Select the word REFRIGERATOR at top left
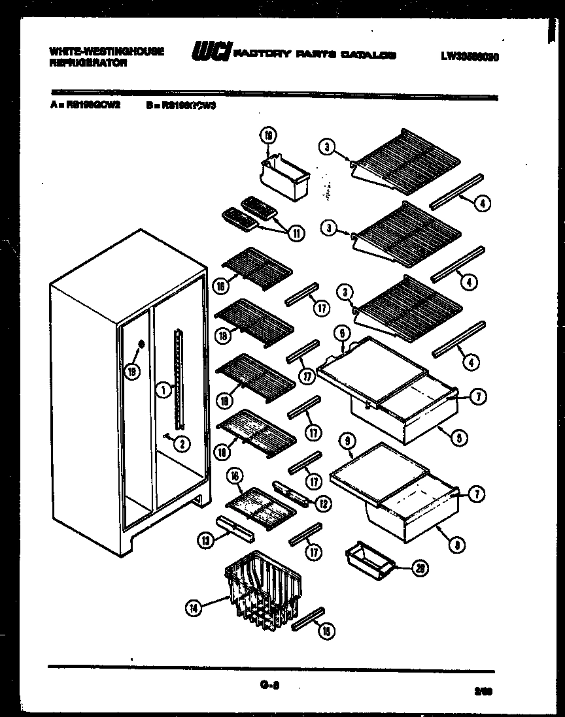click(x=80, y=64)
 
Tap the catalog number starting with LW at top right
click(x=470, y=57)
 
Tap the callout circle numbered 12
click(x=322, y=503)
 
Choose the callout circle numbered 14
click(x=193, y=608)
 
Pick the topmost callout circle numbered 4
click(x=481, y=203)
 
